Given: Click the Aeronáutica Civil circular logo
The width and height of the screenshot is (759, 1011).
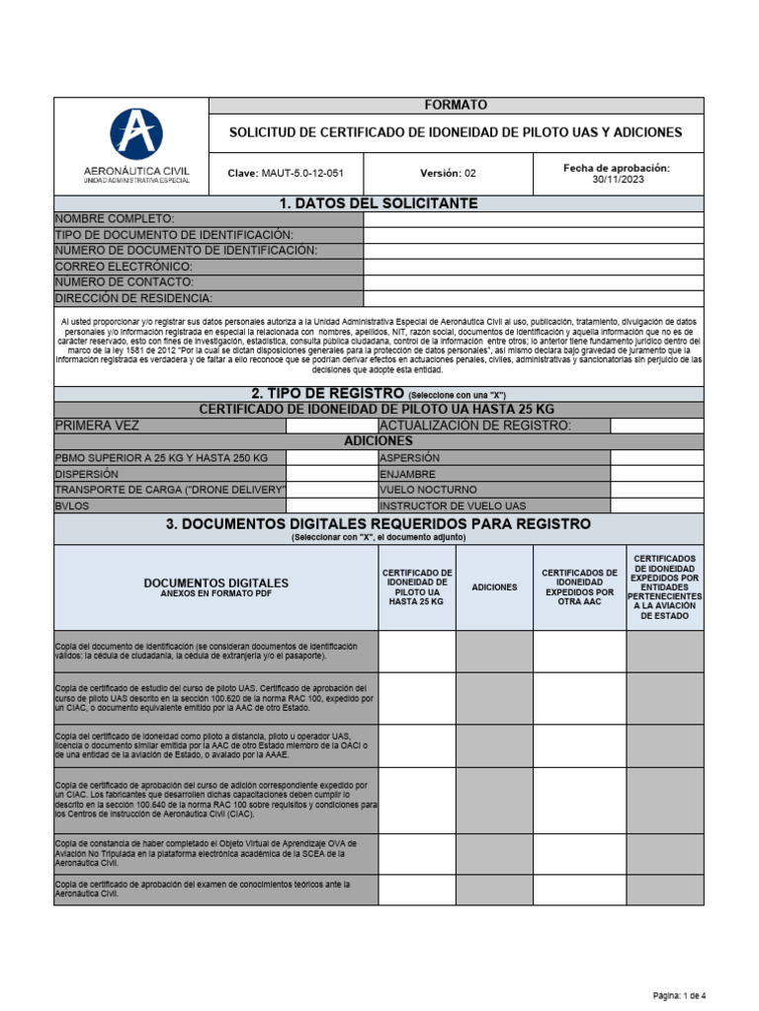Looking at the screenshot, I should pos(136,135).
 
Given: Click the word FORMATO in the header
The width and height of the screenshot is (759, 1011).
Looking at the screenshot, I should pos(456,105).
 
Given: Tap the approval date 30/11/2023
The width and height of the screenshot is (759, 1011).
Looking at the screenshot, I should pos(617,180).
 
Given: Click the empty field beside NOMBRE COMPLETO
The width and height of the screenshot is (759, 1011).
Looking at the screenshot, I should pos(534,219).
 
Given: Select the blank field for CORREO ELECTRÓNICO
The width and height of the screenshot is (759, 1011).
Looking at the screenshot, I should pos(534,267).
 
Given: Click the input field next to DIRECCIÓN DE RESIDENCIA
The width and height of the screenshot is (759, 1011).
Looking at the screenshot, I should pos(534,298).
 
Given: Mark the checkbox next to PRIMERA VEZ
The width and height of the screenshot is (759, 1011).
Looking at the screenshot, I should pos(331,426).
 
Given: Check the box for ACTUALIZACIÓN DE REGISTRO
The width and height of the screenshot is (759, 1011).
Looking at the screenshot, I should pos(656,426).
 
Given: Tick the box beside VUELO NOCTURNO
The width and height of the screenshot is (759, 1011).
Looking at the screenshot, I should pos(656,490).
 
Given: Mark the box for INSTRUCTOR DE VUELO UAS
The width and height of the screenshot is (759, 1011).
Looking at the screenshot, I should pos(656,505).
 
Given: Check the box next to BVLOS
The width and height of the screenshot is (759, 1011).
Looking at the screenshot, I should pos(331,505).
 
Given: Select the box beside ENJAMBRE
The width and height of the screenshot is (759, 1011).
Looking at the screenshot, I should pos(656,474).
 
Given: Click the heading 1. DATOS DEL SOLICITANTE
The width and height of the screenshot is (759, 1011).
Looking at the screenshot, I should pos(379,203).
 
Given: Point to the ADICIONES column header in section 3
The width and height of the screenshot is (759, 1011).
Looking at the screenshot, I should pos(494,587).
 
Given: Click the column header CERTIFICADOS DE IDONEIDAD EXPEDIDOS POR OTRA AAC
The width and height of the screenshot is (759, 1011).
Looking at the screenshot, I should pos(579,587).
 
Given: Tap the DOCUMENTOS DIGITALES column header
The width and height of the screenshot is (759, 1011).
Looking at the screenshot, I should pos(216,586).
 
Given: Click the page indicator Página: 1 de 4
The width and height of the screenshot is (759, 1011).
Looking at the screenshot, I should pos(679,994).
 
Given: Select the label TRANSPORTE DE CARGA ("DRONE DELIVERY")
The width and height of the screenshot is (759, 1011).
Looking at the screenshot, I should pos(170,490).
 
